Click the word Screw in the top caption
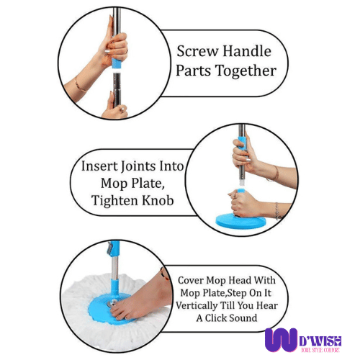195,52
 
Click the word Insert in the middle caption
99,166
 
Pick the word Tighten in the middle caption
117,201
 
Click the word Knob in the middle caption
160,201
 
